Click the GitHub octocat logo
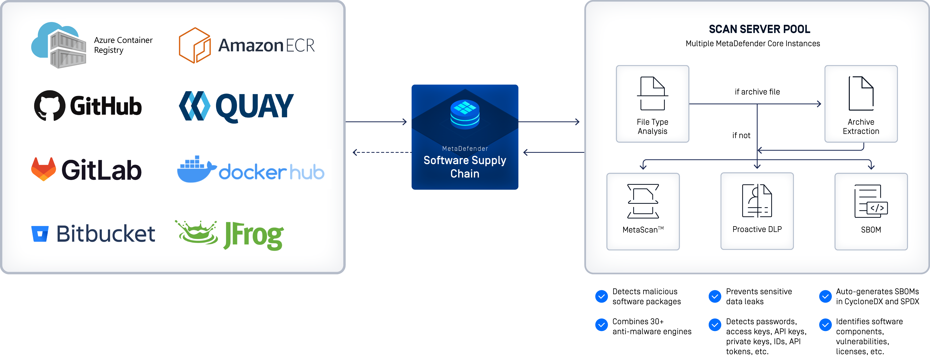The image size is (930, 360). pos(49,105)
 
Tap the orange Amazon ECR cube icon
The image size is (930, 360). pos(195,45)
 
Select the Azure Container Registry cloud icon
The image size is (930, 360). pos(58,45)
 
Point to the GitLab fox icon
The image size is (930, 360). pos(44,169)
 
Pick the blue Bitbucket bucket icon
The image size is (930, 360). pos(40,234)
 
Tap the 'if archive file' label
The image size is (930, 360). pos(757,92)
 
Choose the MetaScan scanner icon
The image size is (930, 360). pos(643,201)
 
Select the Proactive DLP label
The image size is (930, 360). pos(757,229)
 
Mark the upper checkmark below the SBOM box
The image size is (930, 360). pos(825,296)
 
